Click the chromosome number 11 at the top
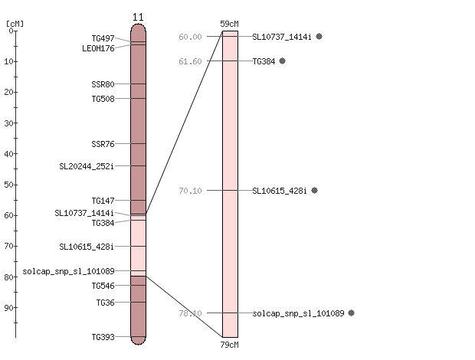(x=138, y=18)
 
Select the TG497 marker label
(x=103, y=38)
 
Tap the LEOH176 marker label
(x=98, y=48)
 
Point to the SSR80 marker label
(x=103, y=84)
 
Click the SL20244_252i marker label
(x=87, y=166)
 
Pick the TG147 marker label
(x=103, y=201)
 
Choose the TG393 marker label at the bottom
(x=103, y=337)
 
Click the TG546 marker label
(x=103, y=286)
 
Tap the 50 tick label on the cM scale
(x=8, y=185)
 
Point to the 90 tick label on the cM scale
(x=8, y=308)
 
